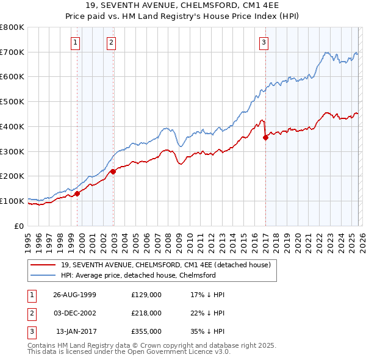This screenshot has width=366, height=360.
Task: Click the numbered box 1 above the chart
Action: pos(74,42)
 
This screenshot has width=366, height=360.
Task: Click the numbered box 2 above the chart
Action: pos(112,42)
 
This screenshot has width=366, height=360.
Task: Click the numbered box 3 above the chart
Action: pos(264,42)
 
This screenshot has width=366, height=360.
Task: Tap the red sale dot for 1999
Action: pos(77,194)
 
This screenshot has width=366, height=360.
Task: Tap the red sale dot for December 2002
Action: pos(113,171)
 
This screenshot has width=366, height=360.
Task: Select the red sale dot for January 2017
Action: pos(265,137)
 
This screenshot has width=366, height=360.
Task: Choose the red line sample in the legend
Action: pos(43,265)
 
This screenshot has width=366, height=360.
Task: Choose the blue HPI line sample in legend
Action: pos(43,275)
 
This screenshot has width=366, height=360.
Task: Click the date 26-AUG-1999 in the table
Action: pos(74,295)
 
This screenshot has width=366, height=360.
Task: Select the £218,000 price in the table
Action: pos(146,313)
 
